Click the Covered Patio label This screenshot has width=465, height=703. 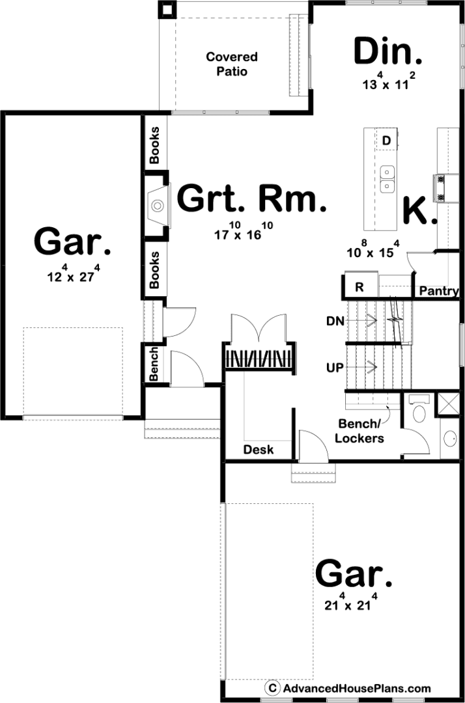[232, 64]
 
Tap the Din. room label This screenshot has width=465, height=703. [388, 51]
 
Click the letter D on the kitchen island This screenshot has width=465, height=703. [386, 141]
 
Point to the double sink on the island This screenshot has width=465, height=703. [387, 179]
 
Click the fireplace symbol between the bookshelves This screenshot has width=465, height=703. [158, 206]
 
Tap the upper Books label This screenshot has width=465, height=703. [155, 145]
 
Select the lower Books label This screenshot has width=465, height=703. [155, 270]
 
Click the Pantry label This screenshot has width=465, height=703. [439, 291]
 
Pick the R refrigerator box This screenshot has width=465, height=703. [359, 286]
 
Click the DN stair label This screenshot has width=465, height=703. [335, 321]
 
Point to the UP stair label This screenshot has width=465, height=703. [335, 368]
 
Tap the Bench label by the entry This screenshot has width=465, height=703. [154, 364]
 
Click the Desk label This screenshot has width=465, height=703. [259, 449]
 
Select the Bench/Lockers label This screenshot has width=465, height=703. [359, 431]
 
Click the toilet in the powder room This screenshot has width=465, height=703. [419, 409]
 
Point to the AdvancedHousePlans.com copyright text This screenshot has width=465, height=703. [348, 688]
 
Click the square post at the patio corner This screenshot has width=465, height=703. [167, 9]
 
